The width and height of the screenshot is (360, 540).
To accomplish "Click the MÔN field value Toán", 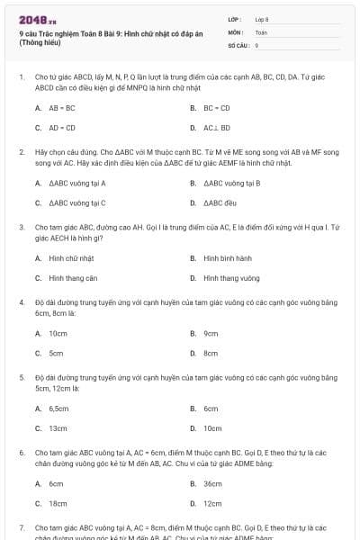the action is (261, 31).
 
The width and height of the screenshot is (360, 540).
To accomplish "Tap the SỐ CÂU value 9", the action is (256, 44).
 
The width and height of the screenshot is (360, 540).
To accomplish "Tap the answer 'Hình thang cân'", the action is (73, 279).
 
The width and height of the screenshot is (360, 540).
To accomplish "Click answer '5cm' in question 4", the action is (56, 354).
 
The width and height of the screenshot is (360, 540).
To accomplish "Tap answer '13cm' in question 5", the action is (58, 429).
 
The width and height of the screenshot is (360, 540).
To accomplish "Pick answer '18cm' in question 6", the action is (58, 504).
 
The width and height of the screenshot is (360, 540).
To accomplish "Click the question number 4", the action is (22, 302).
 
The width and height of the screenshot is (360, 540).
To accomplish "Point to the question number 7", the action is (22, 527).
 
